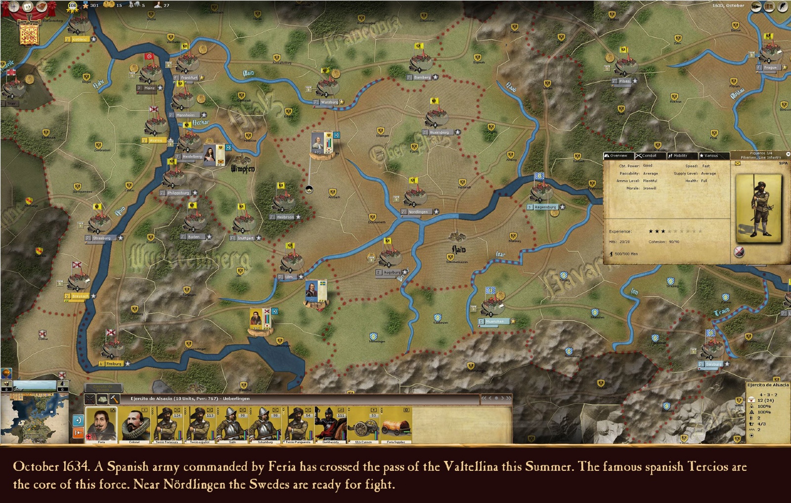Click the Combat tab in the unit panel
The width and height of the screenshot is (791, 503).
[x=649, y=155]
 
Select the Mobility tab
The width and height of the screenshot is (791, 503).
[x=679, y=155]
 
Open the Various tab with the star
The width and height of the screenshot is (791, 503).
[x=710, y=155]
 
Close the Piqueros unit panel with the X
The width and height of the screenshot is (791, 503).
[x=788, y=154]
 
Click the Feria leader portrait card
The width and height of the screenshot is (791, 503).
[x=101, y=425]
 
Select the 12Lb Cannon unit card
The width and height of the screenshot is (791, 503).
[x=363, y=425]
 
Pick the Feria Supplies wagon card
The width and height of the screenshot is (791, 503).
[x=396, y=425]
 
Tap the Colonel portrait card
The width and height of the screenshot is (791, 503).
[x=134, y=425]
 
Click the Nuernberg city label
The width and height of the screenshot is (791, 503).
[x=439, y=133]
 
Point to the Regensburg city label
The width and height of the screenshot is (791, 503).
[x=545, y=207]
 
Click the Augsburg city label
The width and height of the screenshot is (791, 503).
[x=392, y=273]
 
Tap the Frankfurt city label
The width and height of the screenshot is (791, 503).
[x=189, y=78]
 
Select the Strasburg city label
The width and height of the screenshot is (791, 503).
[x=102, y=238]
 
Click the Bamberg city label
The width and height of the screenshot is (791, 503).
[x=422, y=78]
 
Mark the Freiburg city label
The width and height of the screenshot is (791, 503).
[x=114, y=364]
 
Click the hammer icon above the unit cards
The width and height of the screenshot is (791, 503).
[x=114, y=399]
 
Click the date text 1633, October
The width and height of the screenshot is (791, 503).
[x=728, y=6]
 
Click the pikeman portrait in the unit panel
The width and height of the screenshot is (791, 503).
[x=758, y=208]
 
